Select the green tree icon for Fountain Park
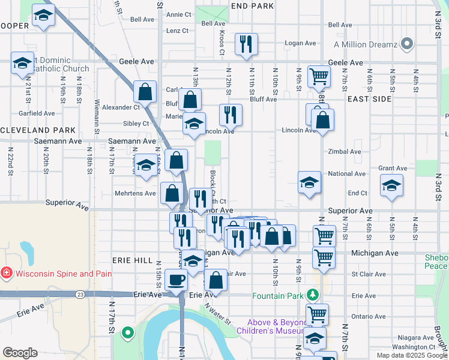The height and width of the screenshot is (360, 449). [312, 295]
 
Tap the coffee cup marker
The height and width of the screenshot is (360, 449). [175, 279]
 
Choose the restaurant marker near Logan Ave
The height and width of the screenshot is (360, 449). [246, 44]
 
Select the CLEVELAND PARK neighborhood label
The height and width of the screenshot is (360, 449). [38, 130]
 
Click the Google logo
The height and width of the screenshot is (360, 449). [20, 353]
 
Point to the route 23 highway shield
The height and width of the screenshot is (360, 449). [80, 294]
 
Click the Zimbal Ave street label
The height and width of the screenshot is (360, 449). [345, 152]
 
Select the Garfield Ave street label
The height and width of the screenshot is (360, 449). [37, 113]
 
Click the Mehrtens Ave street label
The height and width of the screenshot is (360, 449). [136, 194]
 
